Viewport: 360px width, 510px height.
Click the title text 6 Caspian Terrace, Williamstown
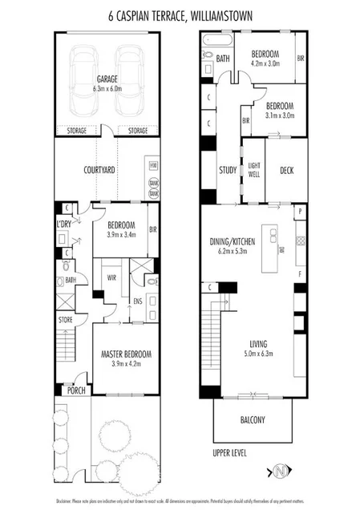point(180,14)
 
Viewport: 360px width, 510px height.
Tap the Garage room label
point(108,79)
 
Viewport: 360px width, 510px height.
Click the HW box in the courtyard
point(153,165)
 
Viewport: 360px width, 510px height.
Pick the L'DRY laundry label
point(64,224)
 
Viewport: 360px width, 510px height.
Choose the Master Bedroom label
point(126,354)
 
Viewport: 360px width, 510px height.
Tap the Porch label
point(77,391)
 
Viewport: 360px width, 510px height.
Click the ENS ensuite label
point(137,302)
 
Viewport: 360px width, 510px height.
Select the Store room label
point(65,319)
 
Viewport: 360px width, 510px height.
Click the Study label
point(228,170)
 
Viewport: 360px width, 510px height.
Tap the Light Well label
point(254,170)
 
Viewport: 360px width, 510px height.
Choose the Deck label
point(287,170)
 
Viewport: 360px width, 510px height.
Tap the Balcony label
point(253,419)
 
